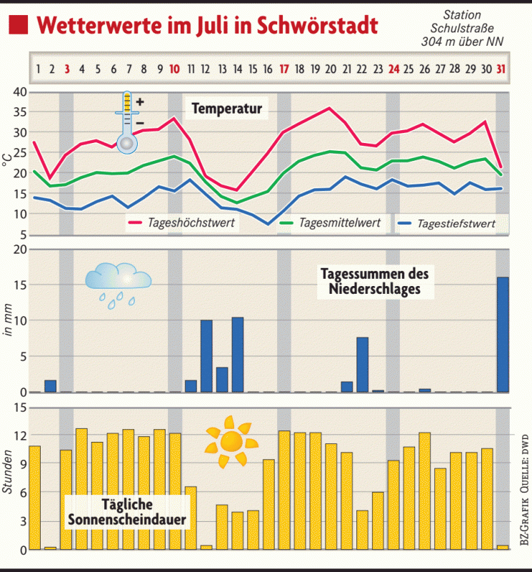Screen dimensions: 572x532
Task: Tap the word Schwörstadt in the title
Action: point(316,26)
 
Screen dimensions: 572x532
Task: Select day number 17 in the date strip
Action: point(283,69)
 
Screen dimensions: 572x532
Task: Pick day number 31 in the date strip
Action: point(502,69)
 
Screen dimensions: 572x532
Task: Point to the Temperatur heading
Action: point(226,109)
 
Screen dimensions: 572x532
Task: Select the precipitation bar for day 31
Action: point(503,335)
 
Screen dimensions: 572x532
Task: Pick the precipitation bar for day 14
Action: point(238,355)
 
